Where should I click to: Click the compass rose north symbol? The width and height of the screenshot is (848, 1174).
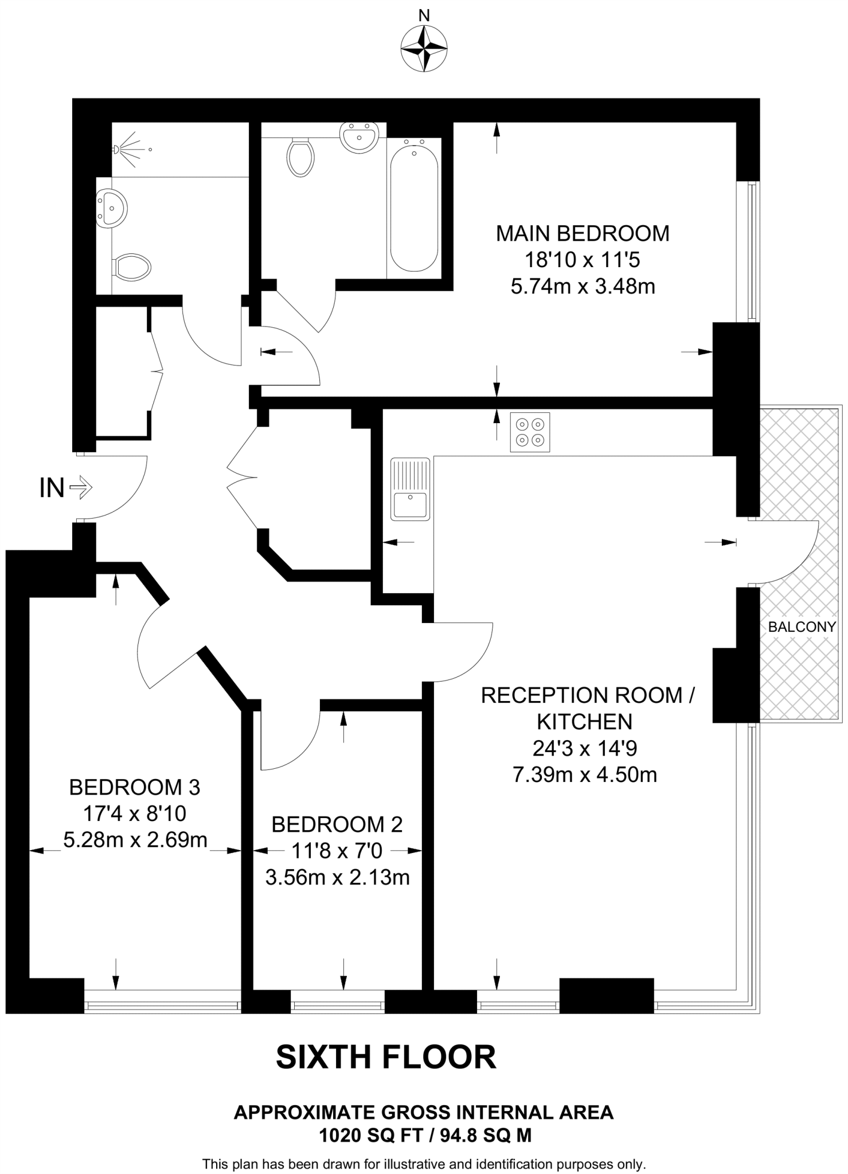(424, 49)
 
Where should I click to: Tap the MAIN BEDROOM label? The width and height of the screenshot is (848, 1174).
(583, 234)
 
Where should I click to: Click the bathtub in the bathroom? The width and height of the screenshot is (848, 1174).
(414, 208)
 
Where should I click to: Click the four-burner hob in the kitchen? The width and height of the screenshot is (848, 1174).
(530, 432)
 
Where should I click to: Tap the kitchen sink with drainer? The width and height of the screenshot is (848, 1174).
(411, 489)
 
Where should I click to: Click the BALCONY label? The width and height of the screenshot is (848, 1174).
(802, 627)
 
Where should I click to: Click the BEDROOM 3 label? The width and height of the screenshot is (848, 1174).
(135, 787)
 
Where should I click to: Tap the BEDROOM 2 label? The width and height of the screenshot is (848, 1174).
(337, 824)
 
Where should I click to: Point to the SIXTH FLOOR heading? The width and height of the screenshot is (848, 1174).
(386, 1057)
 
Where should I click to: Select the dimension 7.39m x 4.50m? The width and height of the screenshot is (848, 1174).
(584, 774)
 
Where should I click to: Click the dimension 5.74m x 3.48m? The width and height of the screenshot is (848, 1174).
(583, 286)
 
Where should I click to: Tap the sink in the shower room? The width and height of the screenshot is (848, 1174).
(111, 208)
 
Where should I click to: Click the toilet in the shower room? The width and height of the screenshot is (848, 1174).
(132, 267)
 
